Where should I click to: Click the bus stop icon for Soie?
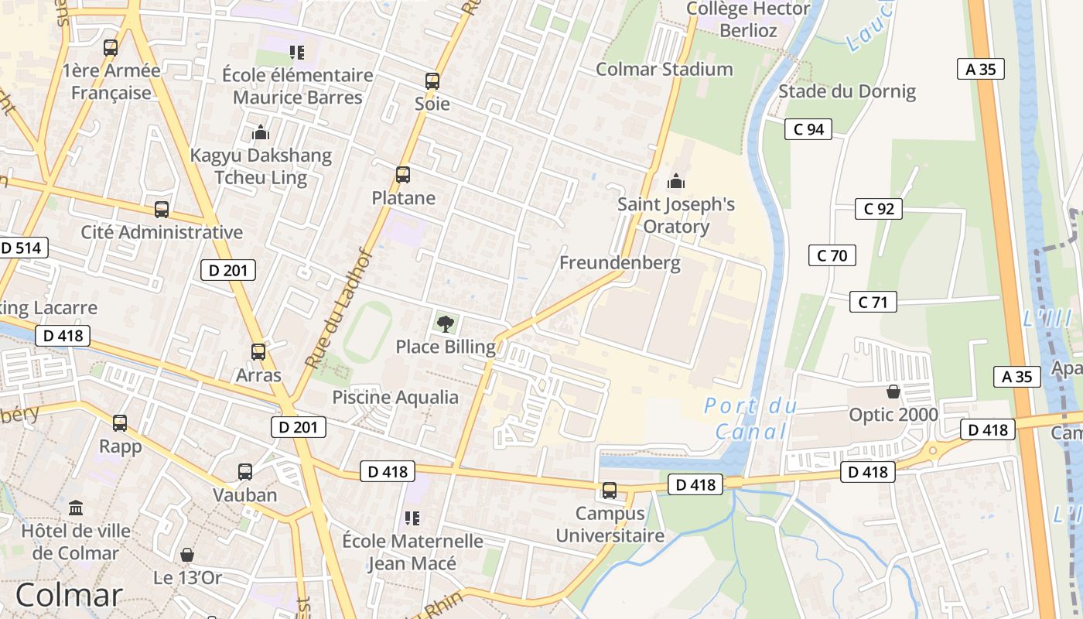coord(432,80)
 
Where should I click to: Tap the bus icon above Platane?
coord(403,175)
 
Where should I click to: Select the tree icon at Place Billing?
coord(446,323)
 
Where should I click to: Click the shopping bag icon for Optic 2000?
coord(893,392)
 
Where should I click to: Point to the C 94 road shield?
coord(808,129)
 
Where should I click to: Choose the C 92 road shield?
coord(878,208)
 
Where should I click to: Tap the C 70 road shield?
coord(832,255)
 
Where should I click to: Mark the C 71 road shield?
coord(873,302)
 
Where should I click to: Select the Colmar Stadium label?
coord(664,69)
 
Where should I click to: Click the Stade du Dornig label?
coord(846,91)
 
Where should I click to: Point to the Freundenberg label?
coord(620,262)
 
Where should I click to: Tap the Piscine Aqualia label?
coord(395,398)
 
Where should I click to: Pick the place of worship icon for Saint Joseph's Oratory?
coord(676,182)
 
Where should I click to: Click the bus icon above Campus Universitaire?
coord(610,491)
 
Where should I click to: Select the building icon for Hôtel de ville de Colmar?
coord(76,508)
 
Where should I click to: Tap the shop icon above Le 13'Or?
coord(187,555)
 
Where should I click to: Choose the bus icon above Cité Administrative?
coord(162,209)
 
